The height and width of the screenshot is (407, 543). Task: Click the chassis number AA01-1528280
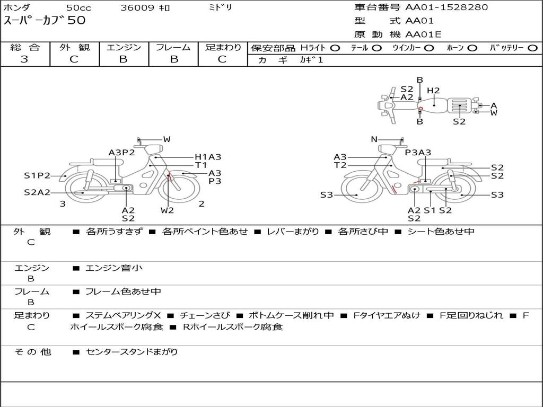tap(446, 7)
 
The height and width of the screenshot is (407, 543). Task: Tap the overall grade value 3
tap(24, 59)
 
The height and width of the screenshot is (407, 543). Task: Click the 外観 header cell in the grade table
tap(74, 47)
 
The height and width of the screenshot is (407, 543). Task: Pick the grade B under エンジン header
tap(124, 59)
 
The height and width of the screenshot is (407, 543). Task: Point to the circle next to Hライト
tap(335, 48)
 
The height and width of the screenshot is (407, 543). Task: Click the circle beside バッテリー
tap(533, 48)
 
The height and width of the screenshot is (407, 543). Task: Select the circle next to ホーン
tap(472, 48)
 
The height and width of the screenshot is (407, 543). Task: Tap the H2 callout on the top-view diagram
tap(433, 91)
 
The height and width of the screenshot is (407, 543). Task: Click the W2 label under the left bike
tap(167, 210)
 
